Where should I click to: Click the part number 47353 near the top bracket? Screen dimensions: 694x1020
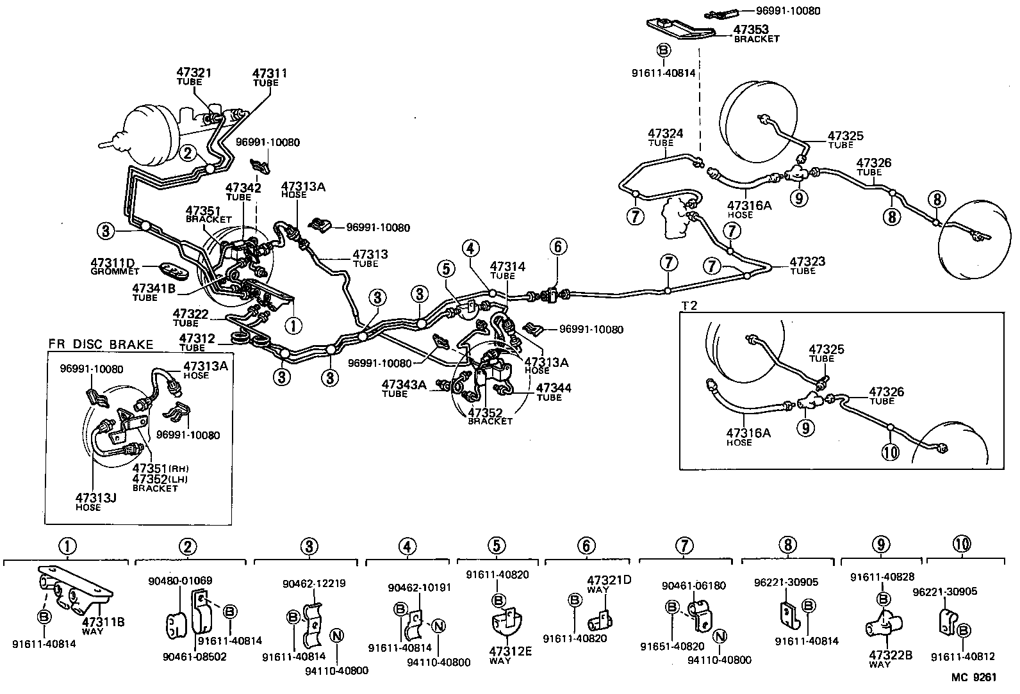coord(751,29)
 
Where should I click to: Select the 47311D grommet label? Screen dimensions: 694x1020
coord(113,262)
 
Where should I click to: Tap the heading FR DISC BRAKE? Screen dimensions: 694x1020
coord(101,344)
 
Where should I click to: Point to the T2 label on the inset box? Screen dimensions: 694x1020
coord(689,305)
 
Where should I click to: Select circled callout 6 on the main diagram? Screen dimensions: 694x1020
coord(557,246)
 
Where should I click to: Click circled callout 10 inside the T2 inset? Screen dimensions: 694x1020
coord(891,452)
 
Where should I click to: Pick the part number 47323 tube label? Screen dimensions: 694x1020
coord(807,262)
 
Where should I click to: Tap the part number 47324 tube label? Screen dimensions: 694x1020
coord(665,134)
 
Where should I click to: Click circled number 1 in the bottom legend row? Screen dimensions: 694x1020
coord(68,546)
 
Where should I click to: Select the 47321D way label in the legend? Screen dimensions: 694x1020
coord(609,581)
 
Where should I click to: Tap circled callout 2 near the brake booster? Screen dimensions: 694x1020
coord(188,152)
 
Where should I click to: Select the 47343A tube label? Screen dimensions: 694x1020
coord(404,385)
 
